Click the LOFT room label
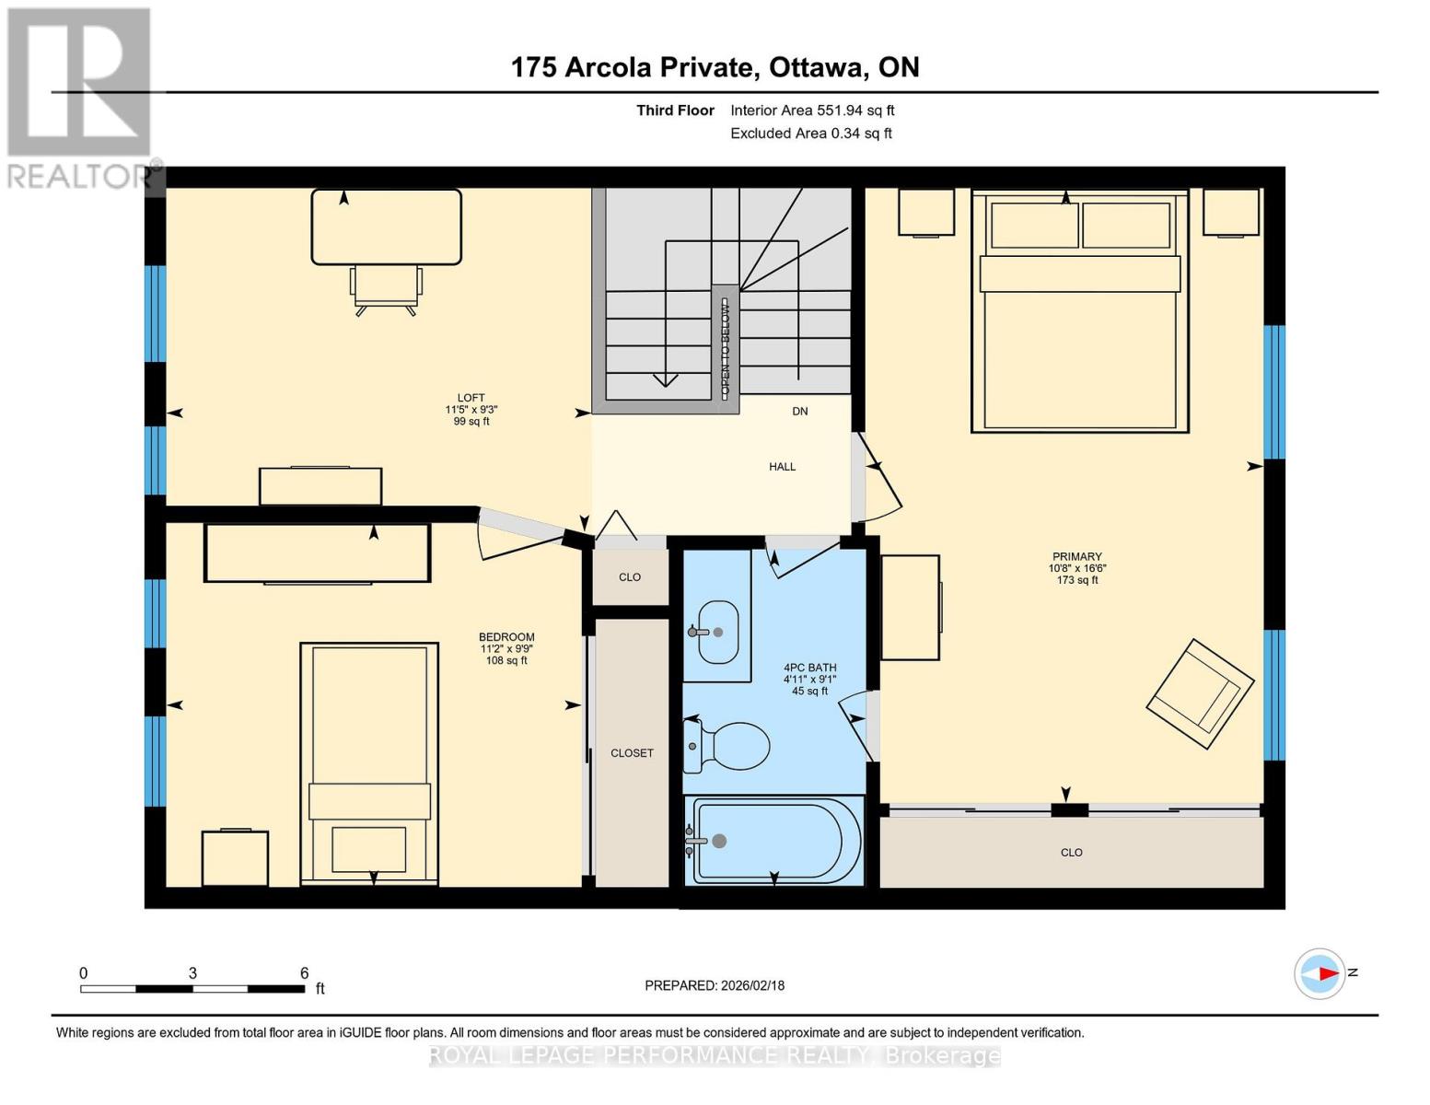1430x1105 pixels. (x=471, y=398)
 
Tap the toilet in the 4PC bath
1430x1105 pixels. (x=729, y=745)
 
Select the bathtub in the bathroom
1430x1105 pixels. (x=775, y=842)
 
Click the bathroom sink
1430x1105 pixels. (x=717, y=632)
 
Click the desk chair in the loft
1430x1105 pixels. (x=386, y=287)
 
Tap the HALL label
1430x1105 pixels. (x=782, y=467)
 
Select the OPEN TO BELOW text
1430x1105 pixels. (x=725, y=348)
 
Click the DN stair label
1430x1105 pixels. (x=799, y=412)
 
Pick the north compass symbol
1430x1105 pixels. (x=1320, y=973)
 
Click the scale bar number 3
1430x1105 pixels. (x=192, y=973)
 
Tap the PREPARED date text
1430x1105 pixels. (x=715, y=985)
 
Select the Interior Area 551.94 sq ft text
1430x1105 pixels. (x=812, y=110)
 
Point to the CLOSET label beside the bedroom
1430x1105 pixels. (x=632, y=753)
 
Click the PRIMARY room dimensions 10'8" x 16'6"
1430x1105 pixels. (x=1076, y=568)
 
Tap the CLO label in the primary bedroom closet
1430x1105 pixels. (x=1071, y=853)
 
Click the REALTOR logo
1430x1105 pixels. (x=80, y=97)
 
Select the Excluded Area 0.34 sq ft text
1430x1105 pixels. (x=810, y=134)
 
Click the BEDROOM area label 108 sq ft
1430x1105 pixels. (x=506, y=660)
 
